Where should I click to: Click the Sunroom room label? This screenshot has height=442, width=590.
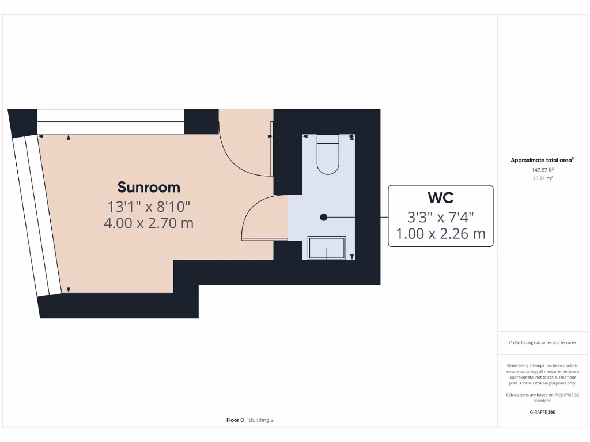tap(149, 187)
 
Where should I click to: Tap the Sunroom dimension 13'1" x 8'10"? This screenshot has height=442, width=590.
tap(149, 205)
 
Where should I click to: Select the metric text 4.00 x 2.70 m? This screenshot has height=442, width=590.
tap(149, 223)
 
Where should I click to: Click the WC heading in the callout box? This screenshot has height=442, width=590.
tap(440, 198)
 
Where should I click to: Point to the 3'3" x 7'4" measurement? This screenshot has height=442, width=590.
tap(440, 217)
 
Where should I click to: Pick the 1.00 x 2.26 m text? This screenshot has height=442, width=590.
tap(440, 234)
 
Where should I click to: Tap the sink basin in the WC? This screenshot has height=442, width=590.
tap(327, 247)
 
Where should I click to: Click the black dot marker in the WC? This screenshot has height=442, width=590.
tap(324, 217)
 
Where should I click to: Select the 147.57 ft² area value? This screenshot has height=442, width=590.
tap(542, 170)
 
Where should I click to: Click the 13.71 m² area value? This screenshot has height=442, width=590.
tap(542, 178)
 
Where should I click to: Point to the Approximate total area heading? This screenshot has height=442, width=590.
tap(542, 161)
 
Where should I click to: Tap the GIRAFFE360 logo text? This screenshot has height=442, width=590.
tap(542, 412)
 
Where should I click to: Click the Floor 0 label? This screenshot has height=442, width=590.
tap(235, 420)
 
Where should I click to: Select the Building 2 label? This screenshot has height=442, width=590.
tap(261, 420)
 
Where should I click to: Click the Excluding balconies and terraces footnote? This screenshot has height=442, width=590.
tap(542, 342)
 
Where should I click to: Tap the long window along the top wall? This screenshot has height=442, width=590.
tap(111, 121)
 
